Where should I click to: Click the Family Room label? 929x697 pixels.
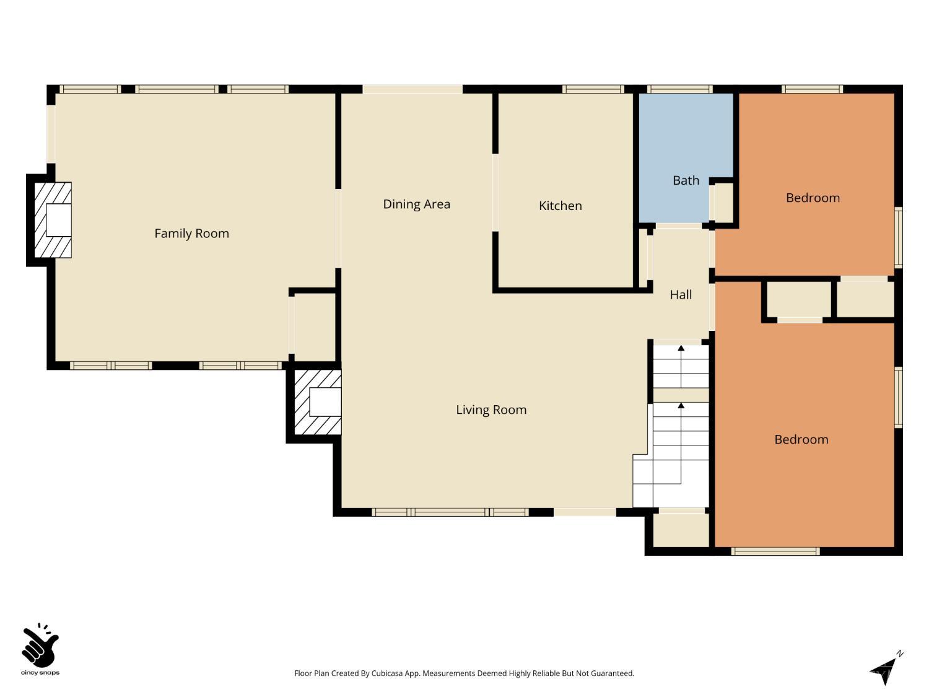coord(191,233)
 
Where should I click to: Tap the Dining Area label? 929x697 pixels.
coord(416,204)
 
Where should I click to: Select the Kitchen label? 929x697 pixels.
coord(560,206)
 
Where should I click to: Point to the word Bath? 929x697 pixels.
coord(686,180)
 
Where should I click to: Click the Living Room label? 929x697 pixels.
coord(491,410)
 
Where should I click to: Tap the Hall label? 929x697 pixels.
coord(681,294)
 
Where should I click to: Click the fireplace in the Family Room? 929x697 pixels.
coord(53,220)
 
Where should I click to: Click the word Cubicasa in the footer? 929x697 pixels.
coord(387,673)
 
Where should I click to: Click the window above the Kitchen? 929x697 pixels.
coord(593,89)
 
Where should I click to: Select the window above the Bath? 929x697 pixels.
coord(679,89)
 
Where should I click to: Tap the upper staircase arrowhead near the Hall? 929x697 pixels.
coord(681,348)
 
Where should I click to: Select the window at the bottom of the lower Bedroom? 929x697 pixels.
coord(775,551)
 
